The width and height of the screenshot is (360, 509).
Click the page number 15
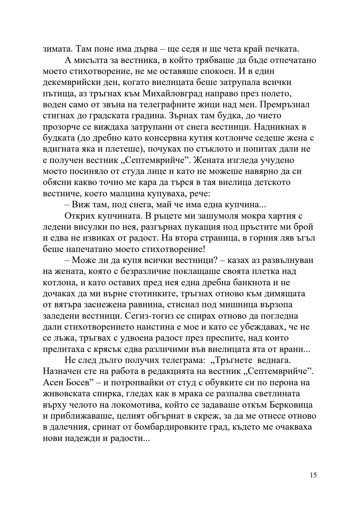coord(313,475)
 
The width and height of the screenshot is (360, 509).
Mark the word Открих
coord(79,216)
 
